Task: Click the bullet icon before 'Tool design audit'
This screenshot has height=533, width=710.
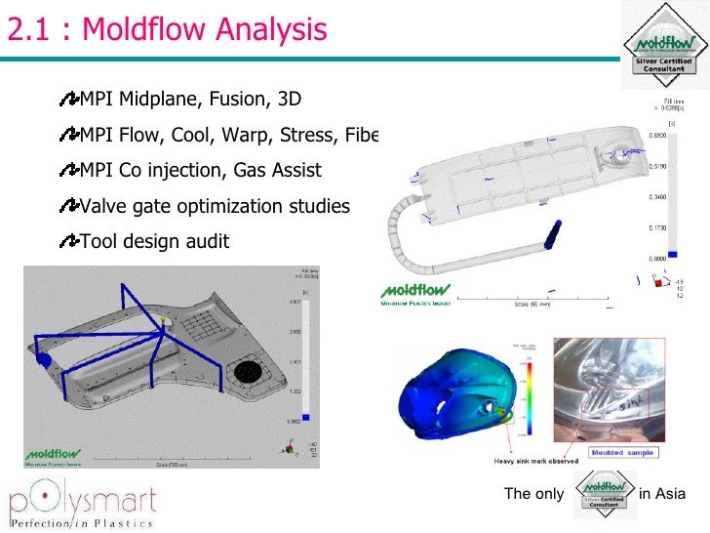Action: [68, 241]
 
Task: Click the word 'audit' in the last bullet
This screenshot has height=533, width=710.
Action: [207, 241]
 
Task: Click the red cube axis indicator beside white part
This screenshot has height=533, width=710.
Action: [656, 283]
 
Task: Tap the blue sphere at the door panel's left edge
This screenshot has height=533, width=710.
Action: [44, 360]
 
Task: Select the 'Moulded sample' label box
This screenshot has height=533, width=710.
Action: [626, 452]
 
